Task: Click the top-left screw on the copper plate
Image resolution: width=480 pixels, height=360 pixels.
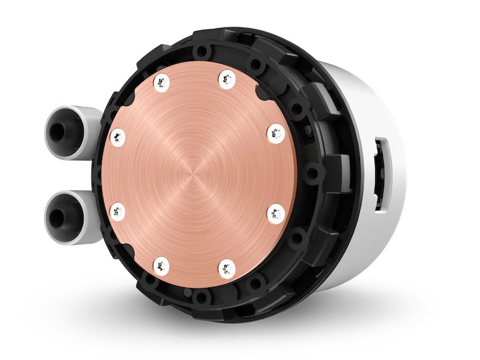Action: (162, 81)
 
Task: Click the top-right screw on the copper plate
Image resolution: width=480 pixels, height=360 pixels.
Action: (227, 79)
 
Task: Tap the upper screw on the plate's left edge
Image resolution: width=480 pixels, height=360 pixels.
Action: (118, 137)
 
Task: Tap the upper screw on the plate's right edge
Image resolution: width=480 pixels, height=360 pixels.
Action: (276, 133)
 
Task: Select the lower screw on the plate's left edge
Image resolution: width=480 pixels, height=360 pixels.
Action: (118, 212)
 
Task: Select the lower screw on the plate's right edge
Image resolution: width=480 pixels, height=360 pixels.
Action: (276, 213)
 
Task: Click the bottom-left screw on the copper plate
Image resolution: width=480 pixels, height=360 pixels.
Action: (161, 265)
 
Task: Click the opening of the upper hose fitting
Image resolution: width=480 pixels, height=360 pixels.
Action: (57, 132)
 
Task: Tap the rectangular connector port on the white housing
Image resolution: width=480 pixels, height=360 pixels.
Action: (381, 175)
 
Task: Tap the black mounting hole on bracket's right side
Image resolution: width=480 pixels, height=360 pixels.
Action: (313, 175)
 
